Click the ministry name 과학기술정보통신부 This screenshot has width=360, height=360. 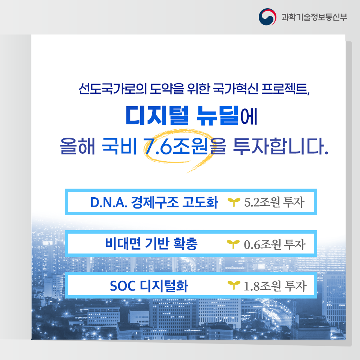coord(314,17)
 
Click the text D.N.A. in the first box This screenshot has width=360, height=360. coord(108,202)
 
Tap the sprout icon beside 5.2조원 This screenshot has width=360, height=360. coord(233,203)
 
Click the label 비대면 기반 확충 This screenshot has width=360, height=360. coord(151,244)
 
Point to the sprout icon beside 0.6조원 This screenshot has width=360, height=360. coord(233,245)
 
